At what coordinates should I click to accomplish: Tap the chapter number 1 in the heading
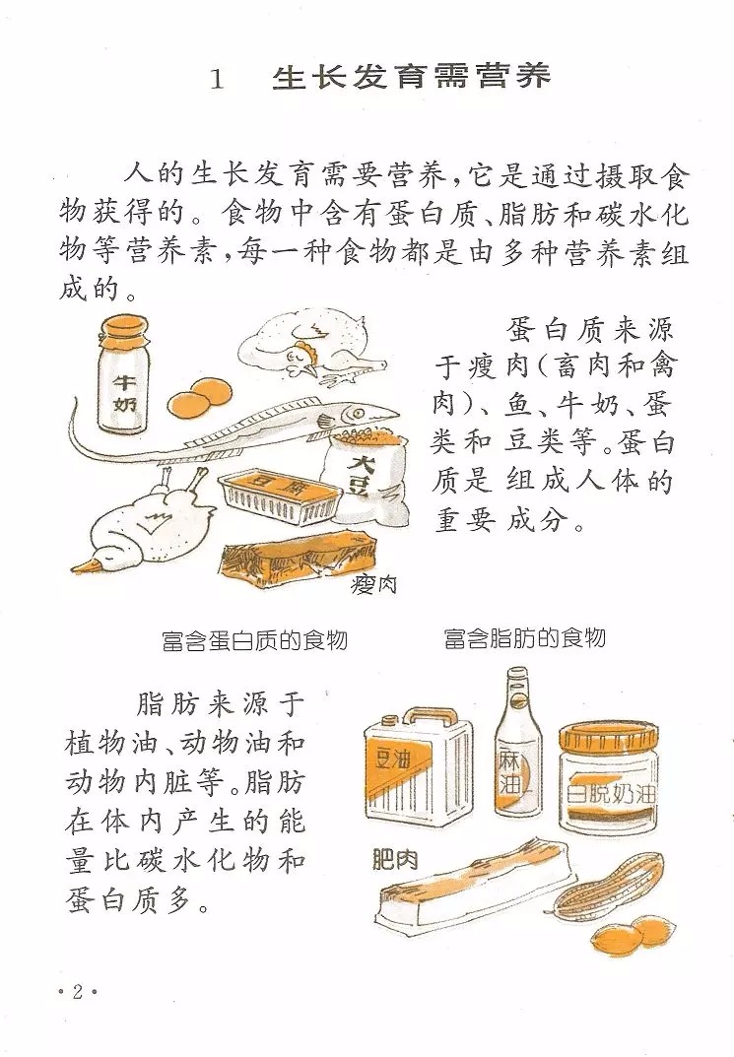pos(217,80)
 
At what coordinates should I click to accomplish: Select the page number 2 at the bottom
pos(78,991)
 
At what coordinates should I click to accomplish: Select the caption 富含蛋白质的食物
pos(255,639)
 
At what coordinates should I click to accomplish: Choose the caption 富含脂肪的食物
pos(525,637)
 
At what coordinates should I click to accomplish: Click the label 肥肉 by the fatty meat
pos(395,859)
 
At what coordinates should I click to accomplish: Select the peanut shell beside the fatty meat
pos(609,888)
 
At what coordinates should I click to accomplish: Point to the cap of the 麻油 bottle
pos(517,677)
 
